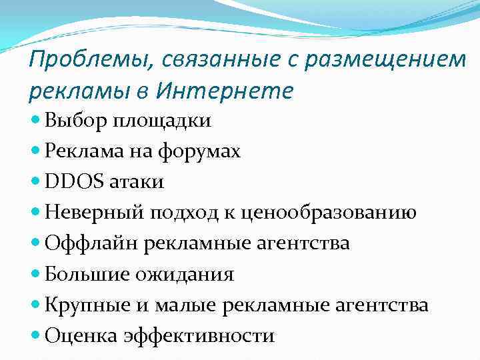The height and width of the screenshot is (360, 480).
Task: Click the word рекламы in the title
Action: tap(75, 90)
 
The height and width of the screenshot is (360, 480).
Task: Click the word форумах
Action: tap(199, 151)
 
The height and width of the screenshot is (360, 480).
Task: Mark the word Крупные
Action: tap(87, 305)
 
